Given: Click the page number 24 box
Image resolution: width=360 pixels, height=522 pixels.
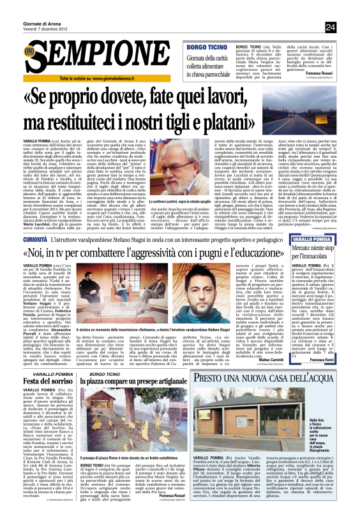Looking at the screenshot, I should (348, 27).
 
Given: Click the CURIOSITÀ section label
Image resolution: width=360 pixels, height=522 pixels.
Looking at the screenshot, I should (38, 237).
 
